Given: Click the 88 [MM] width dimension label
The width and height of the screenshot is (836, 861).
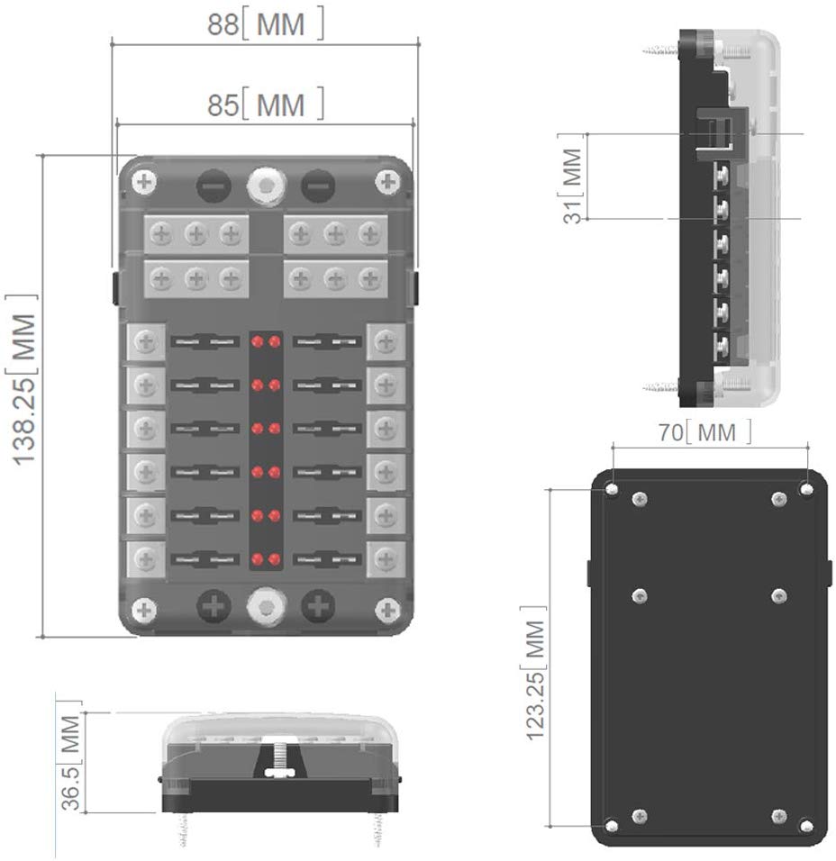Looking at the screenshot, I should [x=265, y=25].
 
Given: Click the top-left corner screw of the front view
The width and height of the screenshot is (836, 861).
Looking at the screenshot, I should [x=144, y=183].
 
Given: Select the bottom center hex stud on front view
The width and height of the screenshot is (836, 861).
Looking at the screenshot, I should [x=265, y=607].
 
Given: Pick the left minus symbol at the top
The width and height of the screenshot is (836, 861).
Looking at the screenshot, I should [x=214, y=186].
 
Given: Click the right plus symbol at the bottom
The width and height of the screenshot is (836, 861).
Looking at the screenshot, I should [x=317, y=607].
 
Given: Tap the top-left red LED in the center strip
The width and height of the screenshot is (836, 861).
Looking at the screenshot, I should [x=257, y=342].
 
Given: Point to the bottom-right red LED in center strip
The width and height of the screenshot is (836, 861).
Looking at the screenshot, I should [x=274, y=559].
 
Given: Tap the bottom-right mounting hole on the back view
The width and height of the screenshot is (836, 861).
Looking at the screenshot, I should [x=806, y=825].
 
